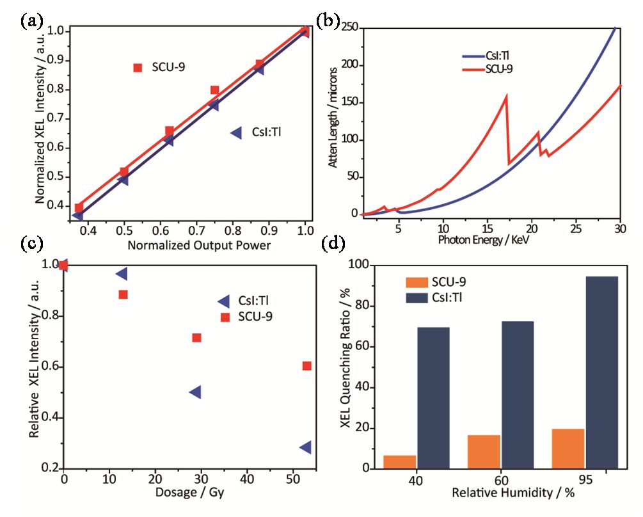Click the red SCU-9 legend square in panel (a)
pyautogui.click(x=138, y=67)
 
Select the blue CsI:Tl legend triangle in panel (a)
pyautogui.click(x=235, y=133)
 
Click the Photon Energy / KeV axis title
pyautogui.click(x=486, y=241)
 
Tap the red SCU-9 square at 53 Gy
pyautogui.click(x=307, y=366)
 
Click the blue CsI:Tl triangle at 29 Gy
pyautogui.click(x=196, y=392)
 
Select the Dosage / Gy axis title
pyautogui.click(x=186, y=493)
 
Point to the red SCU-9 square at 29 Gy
pyautogui.click(x=196, y=337)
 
